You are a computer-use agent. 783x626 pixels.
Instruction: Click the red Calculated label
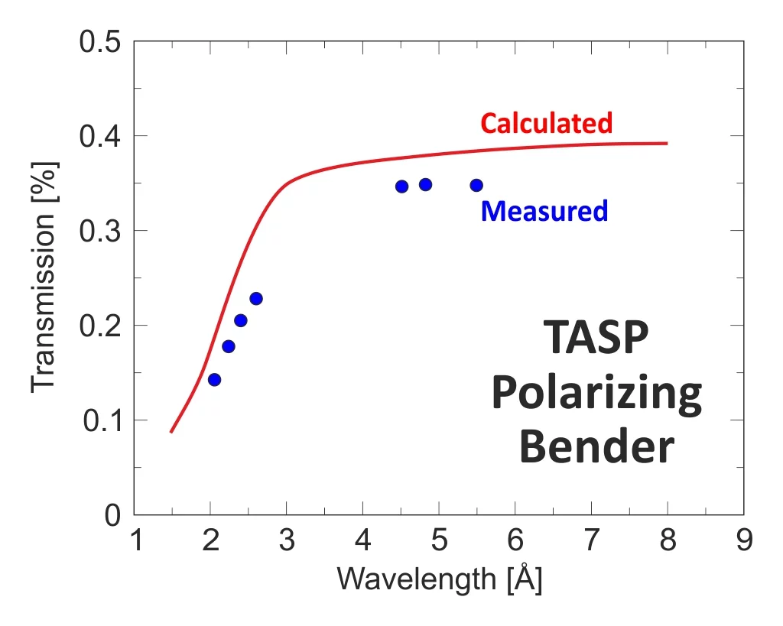[x=546, y=122]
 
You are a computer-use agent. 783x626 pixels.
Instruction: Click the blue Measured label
[x=544, y=210]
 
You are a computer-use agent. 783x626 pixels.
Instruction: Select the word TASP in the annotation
[x=595, y=339]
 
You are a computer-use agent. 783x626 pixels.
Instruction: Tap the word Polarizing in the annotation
[x=596, y=394]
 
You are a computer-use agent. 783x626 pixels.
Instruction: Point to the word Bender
[x=596, y=447]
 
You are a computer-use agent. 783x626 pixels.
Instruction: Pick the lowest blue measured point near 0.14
[x=214, y=380]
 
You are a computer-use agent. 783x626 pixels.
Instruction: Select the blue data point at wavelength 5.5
[x=476, y=185]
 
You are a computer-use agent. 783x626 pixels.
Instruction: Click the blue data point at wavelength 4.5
[x=401, y=187]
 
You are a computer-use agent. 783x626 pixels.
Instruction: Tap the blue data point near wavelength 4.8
[x=425, y=184]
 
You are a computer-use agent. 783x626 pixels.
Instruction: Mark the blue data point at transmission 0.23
[x=256, y=298]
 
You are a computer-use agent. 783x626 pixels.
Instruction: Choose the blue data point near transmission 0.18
[x=228, y=346]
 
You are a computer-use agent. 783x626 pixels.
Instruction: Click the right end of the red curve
[x=667, y=143]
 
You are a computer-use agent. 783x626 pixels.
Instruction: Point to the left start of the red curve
[x=171, y=432]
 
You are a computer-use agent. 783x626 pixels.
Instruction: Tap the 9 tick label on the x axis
[x=742, y=540]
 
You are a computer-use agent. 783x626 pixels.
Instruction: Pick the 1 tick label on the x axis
[x=135, y=540]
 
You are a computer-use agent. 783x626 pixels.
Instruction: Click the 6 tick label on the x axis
[x=515, y=540]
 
